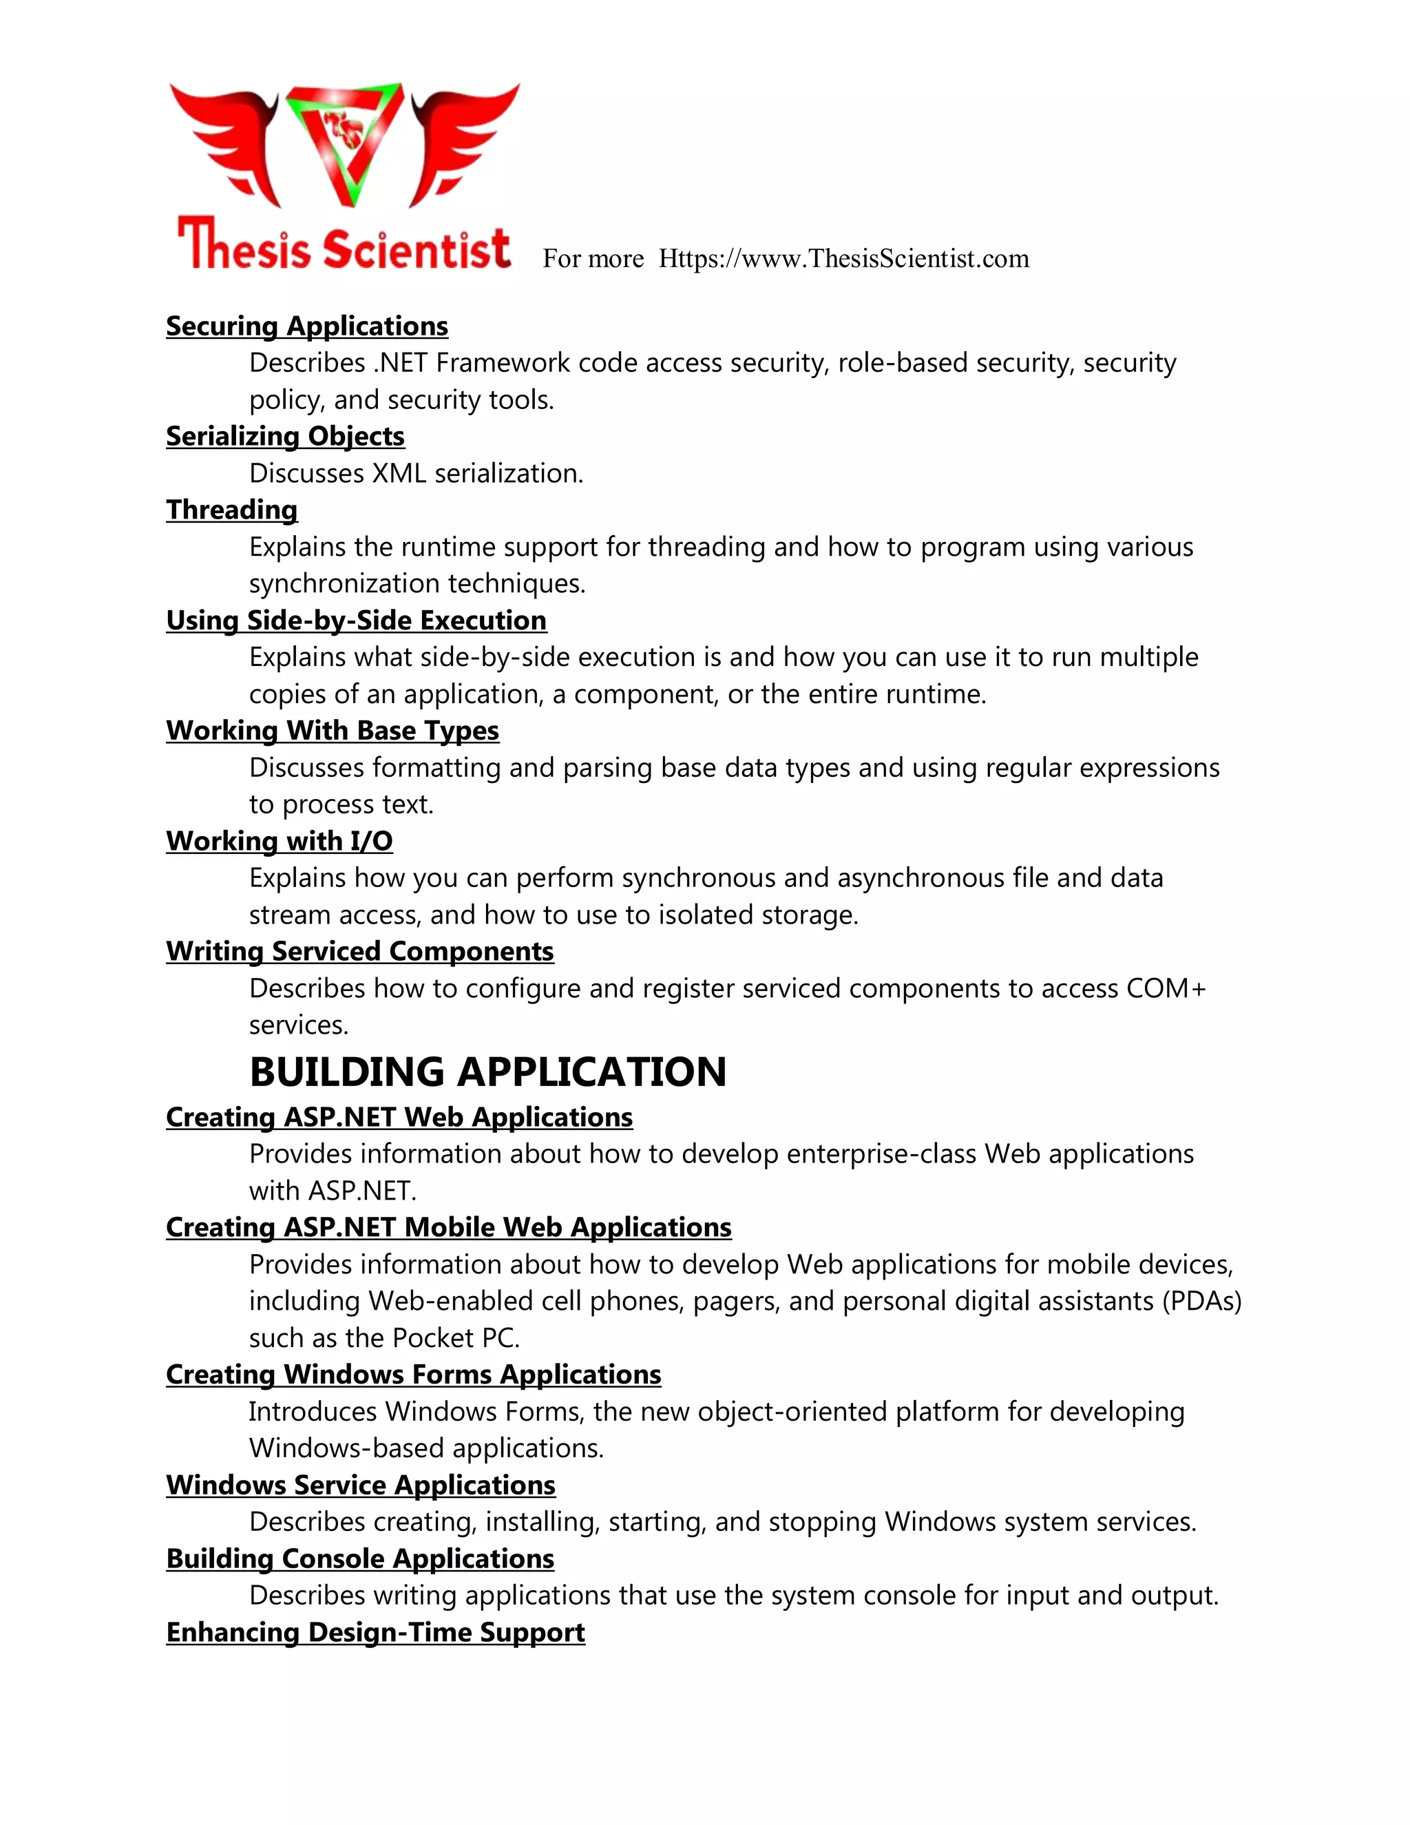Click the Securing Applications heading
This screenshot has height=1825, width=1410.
pyautogui.click(x=306, y=326)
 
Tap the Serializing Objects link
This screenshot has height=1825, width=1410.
pyautogui.click(x=285, y=436)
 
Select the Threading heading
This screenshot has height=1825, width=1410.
pyautogui.click(x=231, y=510)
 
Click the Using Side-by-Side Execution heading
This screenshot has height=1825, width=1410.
pyautogui.click(x=356, y=620)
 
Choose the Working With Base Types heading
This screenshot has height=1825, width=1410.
pyautogui.click(x=333, y=730)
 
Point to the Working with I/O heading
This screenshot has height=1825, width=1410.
pyautogui.click(x=279, y=841)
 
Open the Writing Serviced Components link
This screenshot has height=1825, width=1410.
pyautogui.click(x=359, y=951)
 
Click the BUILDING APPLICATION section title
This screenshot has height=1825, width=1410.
pyautogui.click(x=488, y=1072)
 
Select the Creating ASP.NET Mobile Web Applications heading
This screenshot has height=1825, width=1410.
pyautogui.click(x=449, y=1227)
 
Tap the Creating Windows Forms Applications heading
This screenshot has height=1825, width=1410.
pyautogui.click(x=414, y=1375)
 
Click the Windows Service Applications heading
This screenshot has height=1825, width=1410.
pyautogui.click(x=360, y=1485)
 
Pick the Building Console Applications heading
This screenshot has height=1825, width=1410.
pyautogui.click(x=360, y=1558)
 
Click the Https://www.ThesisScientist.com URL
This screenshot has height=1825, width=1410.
pyautogui.click(x=843, y=258)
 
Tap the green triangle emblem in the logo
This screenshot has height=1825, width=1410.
pyautogui.click(x=344, y=142)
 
